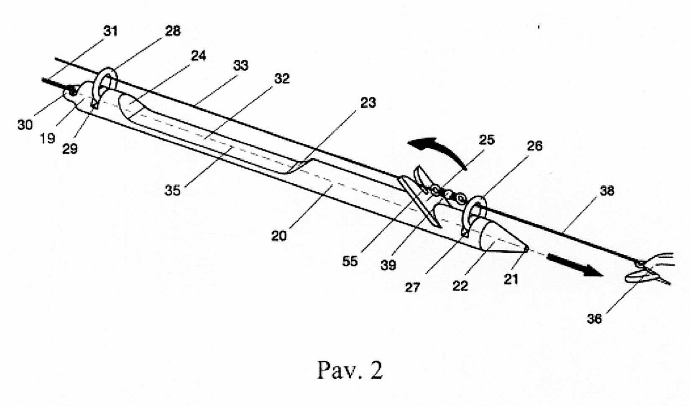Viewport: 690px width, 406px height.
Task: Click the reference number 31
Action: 110,31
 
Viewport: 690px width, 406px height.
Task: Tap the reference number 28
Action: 173,31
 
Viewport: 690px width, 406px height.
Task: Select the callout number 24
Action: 198,56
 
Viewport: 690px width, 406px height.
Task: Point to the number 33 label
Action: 240,66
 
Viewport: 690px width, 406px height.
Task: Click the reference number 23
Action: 368,103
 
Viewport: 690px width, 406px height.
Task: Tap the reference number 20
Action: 279,236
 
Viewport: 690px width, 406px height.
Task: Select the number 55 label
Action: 350,261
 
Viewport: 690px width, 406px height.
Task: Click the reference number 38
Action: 607,191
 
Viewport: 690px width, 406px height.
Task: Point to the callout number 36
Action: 594,319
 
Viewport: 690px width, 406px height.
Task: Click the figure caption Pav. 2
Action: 350,370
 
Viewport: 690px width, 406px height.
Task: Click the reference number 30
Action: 25,125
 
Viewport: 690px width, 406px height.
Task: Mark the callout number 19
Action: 47,138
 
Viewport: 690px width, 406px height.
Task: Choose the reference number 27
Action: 412,287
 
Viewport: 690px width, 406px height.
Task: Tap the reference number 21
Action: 511,279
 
